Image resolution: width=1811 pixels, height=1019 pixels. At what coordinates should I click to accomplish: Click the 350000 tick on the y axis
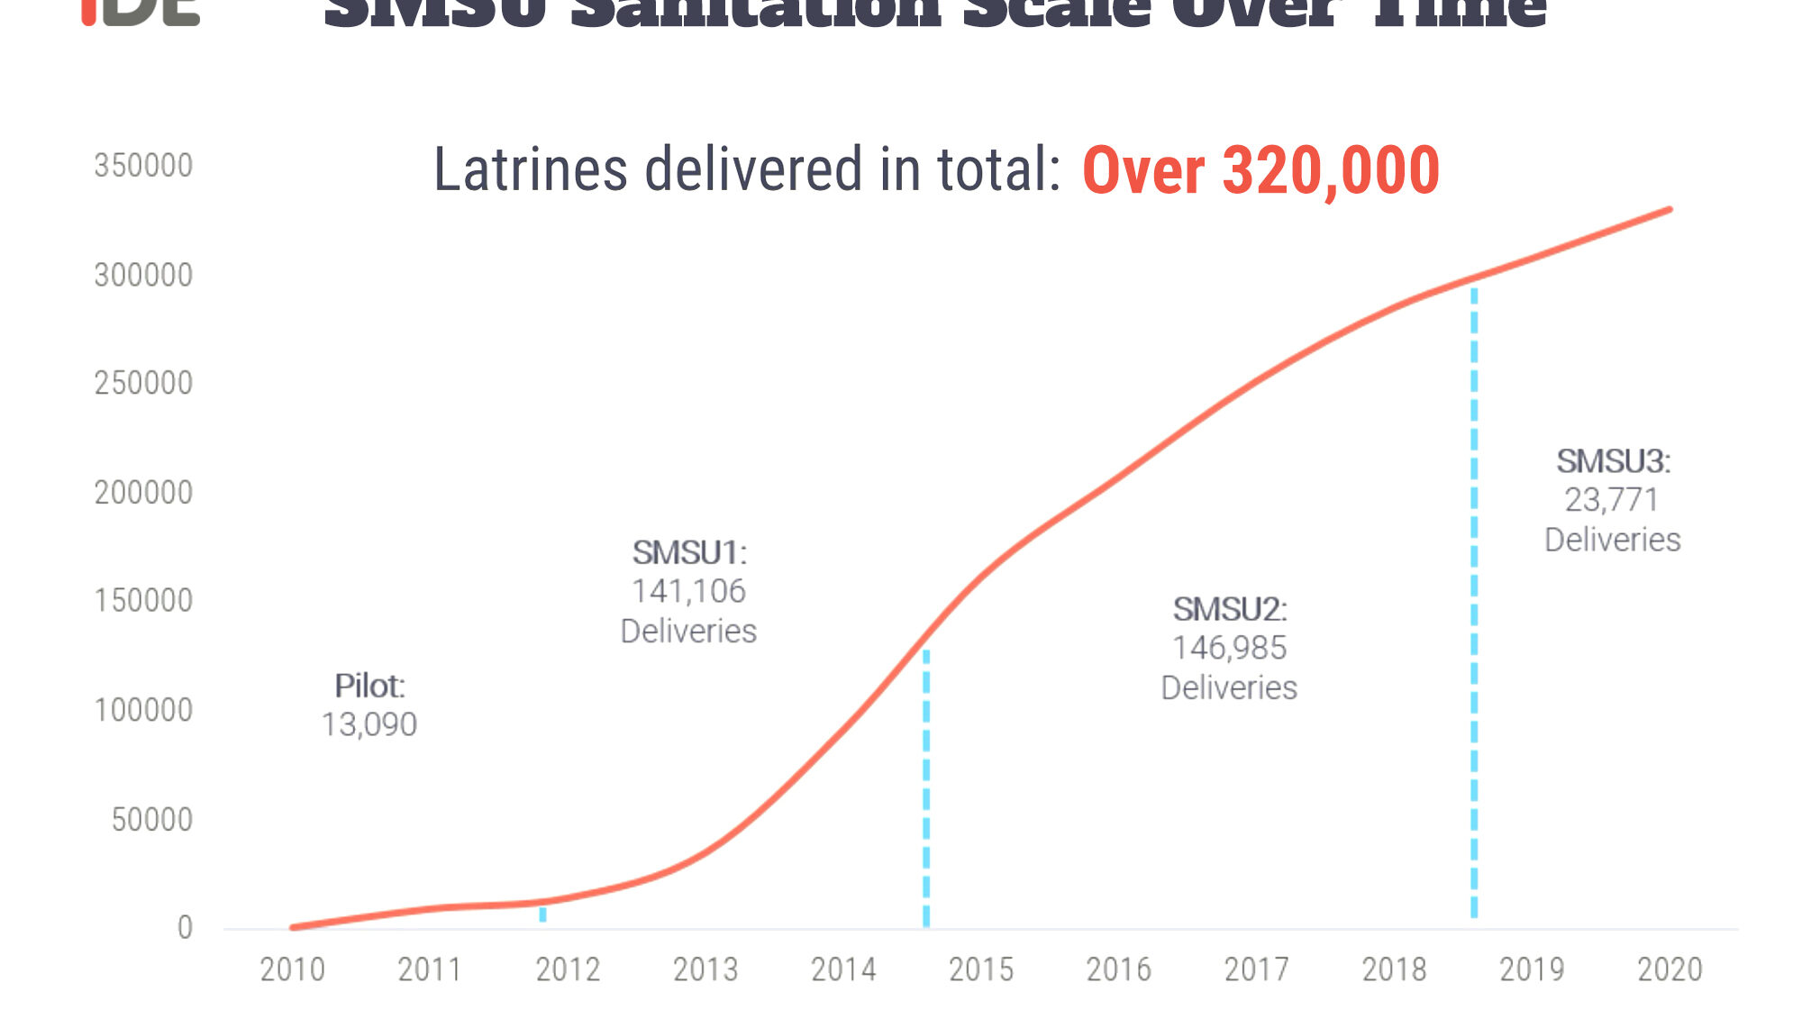[x=143, y=166]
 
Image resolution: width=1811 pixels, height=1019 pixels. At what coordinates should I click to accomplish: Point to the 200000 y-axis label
[x=143, y=493]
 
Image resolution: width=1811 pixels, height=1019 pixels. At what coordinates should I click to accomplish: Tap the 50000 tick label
[x=151, y=820]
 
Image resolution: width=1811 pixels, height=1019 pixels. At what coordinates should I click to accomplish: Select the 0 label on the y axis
[x=185, y=928]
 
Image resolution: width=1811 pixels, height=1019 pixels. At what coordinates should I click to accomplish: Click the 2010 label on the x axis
[x=292, y=969]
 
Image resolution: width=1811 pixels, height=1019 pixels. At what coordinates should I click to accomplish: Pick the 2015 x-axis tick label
[x=980, y=969]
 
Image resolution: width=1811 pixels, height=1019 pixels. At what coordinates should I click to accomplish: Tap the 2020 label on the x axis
[x=1669, y=969]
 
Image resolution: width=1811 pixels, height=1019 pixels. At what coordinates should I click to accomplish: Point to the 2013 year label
[x=705, y=969]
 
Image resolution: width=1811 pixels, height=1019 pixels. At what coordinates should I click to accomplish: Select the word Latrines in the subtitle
[x=530, y=169]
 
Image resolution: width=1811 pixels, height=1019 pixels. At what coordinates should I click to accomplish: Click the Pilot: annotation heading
[x=369, y=687]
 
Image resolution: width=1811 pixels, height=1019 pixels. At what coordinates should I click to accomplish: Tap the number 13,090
[x=369, y=725]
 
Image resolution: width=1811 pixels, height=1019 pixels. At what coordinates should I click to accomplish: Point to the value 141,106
[x=688, y=592]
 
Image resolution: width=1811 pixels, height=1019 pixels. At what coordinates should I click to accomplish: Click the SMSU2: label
[x=1229, y=610]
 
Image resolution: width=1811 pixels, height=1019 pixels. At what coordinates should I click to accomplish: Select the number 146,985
[x=1229, y=649]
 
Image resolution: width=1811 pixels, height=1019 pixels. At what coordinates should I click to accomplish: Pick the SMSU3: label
[x=1613, y=462]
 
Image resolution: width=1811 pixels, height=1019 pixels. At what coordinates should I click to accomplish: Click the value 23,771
[x=1611, y=500]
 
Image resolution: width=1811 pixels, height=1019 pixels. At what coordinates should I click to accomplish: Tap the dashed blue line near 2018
[x=1474, y=604]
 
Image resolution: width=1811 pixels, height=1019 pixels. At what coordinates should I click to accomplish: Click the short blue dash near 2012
[x=542, y=914]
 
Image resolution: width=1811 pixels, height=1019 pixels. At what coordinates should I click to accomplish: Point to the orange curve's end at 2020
[x=1669, y=211]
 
